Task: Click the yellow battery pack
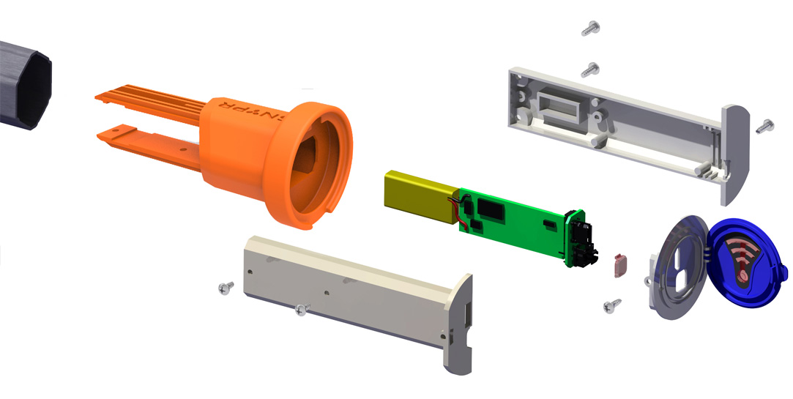tap(419, 195)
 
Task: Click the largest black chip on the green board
tap(489, 210)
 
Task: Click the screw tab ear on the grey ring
tap(648, 279)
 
